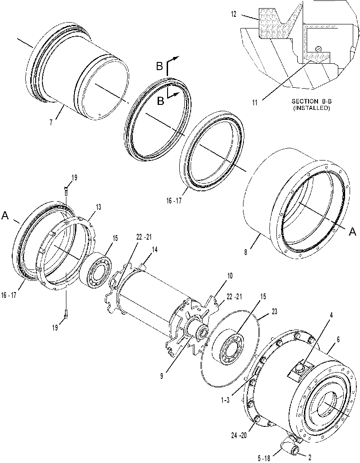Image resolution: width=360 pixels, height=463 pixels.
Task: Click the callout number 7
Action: tap(51, 123)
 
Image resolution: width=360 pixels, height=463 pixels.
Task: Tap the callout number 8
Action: tap(246, 252)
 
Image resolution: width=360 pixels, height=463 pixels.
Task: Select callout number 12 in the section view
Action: tap(234, 14)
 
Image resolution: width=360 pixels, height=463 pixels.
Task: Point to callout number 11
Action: tap(255, 103)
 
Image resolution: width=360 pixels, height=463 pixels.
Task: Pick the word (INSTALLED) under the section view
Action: tap(312, 108)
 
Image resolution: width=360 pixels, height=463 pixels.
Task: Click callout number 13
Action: tap(98, 207)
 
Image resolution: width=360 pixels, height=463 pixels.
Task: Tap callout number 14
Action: tap(154, 250)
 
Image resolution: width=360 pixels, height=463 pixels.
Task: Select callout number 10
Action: tap(229, 276)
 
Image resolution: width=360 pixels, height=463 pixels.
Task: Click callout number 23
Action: tap(274, 311)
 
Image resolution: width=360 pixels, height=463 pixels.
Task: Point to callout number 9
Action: tap(161, 376)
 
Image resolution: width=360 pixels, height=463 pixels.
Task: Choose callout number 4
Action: tap(331, 315)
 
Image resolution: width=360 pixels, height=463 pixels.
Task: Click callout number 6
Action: tap(338, 340)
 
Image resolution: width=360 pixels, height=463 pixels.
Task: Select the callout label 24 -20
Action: tap(239, 435)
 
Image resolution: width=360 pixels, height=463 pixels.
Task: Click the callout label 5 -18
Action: tap(264, 458)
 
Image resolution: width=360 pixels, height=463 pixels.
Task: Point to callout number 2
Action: tap(309, 458)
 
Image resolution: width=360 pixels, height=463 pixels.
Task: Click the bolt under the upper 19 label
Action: tap(66, 191)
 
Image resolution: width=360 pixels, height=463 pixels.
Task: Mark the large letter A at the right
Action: tap(352, 232)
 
